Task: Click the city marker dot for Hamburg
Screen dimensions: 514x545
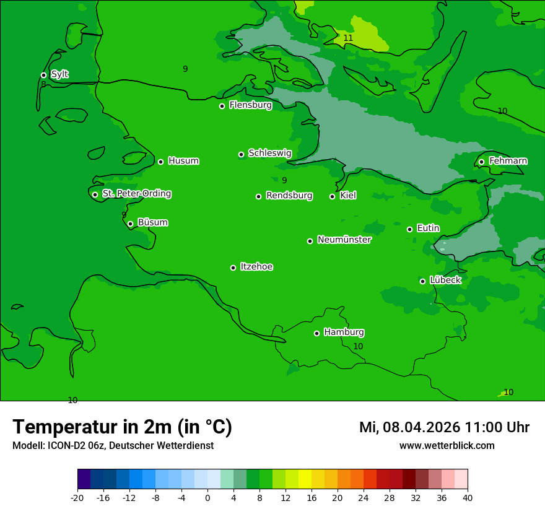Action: coord(316,333)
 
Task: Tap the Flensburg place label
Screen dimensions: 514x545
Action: coord(250,105)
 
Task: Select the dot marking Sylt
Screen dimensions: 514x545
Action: coord(43,75)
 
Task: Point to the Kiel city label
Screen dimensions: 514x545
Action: coord(348,196)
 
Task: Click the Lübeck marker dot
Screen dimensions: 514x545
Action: coord(422,281)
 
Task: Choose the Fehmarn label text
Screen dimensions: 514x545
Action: coord(508,161)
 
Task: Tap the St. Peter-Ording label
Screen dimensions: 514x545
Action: coord(136,194)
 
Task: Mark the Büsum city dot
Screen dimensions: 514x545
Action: coord(130,224)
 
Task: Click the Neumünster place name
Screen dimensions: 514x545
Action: coord(344,240)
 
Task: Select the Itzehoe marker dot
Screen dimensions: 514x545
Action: coord(233,268)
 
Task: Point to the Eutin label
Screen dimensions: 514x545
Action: coord(428,229)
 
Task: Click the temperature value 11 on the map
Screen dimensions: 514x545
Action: coord(348,38)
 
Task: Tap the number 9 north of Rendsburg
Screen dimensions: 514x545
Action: coord(284,180)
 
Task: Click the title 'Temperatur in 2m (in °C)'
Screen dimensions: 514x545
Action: coord(122,427)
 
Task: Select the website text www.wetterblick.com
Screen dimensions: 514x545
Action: coord(447,445)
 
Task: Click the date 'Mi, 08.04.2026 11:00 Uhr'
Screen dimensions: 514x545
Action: coord(444,427)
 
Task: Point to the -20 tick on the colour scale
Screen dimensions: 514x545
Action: coord(77,497)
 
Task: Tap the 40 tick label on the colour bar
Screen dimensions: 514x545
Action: coord(468,497)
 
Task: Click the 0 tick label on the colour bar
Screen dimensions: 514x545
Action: coord(207,497)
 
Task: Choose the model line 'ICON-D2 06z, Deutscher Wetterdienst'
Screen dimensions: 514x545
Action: coord(113,445)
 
